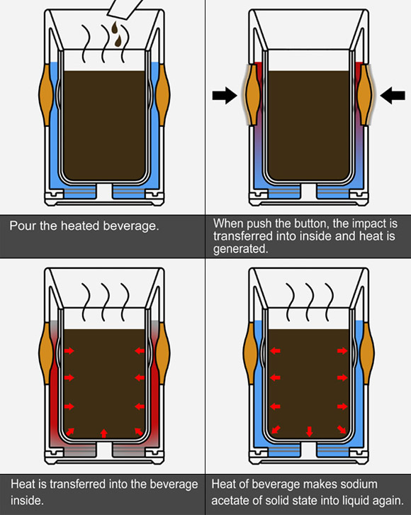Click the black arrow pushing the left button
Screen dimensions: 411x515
point(225,95)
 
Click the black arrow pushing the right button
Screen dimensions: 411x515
point(393,95)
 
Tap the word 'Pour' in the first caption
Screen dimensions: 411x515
point(23,226)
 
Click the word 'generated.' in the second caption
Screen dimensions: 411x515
point(240,248)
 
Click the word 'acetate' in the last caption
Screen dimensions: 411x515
point(230,500)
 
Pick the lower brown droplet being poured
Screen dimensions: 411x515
point(118,40)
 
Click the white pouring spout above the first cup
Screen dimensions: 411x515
point(124,9)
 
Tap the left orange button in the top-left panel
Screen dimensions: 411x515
point(46,94)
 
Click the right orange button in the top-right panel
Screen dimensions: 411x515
point(365,94)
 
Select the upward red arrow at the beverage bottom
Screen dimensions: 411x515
point(103,433)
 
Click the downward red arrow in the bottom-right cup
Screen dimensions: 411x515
point(309,431)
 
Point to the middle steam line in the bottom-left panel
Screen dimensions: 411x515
point(105,301)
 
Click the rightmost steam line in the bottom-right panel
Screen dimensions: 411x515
point(329,301)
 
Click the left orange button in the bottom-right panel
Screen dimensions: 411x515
point(250,353)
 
